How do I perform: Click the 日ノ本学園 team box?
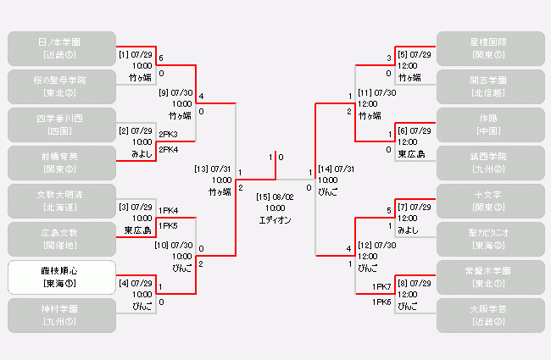click(61, 47)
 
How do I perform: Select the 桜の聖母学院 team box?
click(61, 86)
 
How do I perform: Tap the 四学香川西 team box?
click(61, 124)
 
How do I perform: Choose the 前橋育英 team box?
click(61, 162)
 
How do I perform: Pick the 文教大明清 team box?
click(61, 201)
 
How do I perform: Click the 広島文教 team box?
click(61, 239)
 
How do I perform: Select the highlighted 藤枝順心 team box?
click(61, 277)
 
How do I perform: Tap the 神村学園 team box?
click(61, 315)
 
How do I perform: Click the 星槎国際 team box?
click(489, 47)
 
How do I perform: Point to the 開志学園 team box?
click(489, 86)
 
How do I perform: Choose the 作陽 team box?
click(489, 124)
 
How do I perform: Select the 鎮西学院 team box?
click(489, 162)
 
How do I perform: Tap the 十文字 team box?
click(489, 201)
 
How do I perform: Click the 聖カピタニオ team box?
click(489, 239)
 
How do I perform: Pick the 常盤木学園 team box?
click(489, 277)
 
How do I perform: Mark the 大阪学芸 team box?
click(489, 315)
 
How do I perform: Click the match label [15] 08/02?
click(275, 197)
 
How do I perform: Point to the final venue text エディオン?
click(275, 219)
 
